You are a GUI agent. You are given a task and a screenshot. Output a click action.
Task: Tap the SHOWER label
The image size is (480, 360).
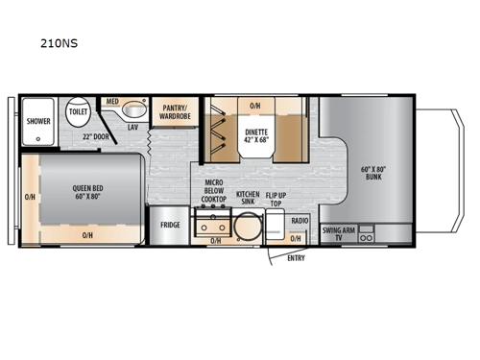(38, 122)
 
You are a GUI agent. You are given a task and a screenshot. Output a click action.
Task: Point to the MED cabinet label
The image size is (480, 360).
(113, 101)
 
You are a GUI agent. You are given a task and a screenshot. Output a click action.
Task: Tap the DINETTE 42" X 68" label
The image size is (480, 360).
(254, 135)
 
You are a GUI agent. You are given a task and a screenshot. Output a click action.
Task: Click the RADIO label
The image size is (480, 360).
(300, 222)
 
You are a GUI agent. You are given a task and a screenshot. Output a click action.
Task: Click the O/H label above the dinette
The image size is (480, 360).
(254, 106)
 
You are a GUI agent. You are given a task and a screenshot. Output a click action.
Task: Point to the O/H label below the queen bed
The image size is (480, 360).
(87, 235)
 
